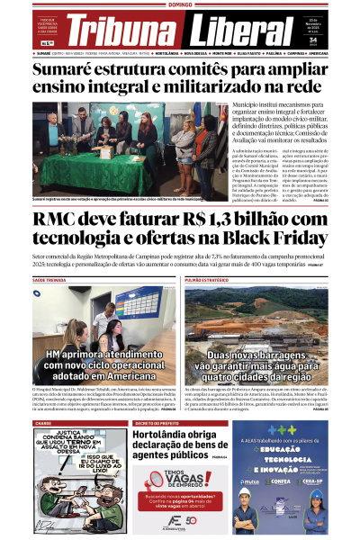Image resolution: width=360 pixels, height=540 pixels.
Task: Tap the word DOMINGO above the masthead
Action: click(180, 4)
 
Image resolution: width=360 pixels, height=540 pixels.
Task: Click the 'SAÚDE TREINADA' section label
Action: click(51, 281)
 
